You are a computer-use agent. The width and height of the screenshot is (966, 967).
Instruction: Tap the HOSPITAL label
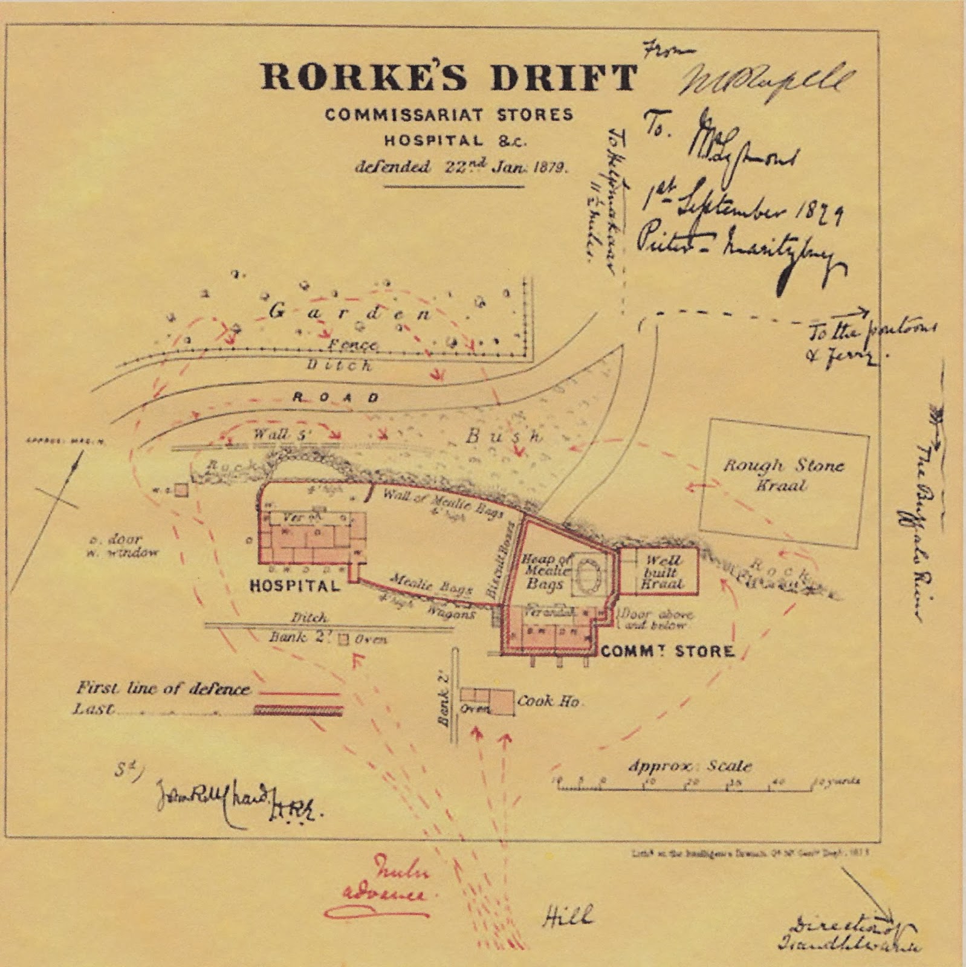pos(295,586)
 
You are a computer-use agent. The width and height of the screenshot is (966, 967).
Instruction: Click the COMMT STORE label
pos(667,651)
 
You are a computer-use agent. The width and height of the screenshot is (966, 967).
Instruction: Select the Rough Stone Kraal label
pos(783,475)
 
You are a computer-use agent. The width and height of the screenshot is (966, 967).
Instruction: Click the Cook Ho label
pos(548,701)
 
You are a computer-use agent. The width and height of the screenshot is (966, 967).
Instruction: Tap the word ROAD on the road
pos(336,397)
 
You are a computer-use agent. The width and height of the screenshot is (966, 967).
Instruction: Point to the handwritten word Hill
pos(566,917)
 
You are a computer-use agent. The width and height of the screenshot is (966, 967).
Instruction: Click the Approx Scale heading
pos(690,766)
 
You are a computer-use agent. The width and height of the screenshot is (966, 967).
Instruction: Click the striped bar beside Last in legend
pos(298,710)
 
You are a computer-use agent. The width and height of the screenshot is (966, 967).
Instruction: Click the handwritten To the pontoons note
pos(870,342)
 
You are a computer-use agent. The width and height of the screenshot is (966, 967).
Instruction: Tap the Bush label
pos(503,436)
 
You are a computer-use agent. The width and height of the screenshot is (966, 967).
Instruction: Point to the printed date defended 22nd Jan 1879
pos(461,167)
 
